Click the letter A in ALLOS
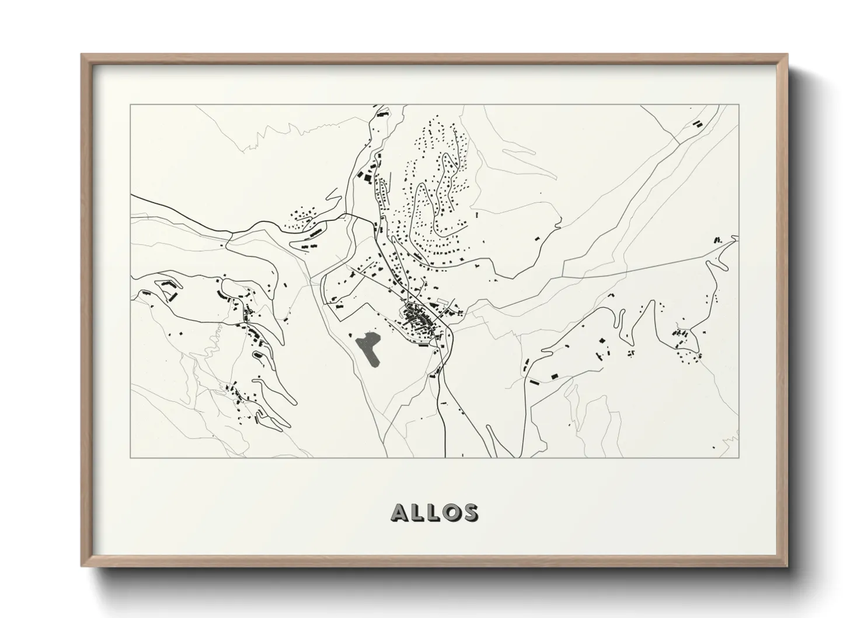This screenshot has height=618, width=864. [x=401, y=512]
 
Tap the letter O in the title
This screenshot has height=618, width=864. [x=450, y=512]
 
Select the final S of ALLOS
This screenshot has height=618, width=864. [x=469, y=512]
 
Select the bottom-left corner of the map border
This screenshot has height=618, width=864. [x=131, y=457]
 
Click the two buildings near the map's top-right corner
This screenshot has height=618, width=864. [x=696, y=124]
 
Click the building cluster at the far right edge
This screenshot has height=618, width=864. [x=718, y=239]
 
